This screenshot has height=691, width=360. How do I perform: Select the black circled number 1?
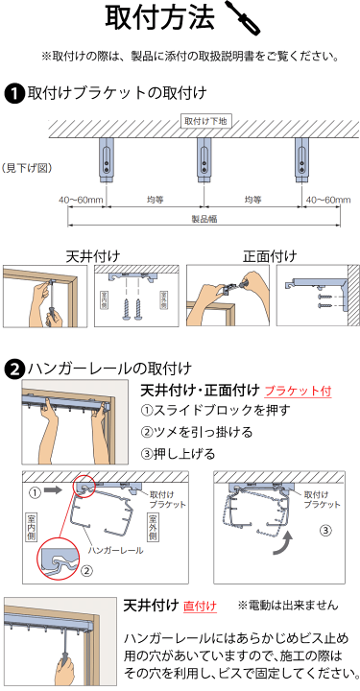(x=14, y=93)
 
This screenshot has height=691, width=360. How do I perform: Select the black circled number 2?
(x=14, y=369)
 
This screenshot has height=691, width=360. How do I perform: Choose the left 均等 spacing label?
(x=155, y=200)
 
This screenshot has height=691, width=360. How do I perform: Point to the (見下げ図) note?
(x=26, y=167)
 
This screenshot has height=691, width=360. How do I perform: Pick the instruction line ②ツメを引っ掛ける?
(x=185, y=432)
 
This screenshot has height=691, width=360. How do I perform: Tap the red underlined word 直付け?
(x=200, y=606)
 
